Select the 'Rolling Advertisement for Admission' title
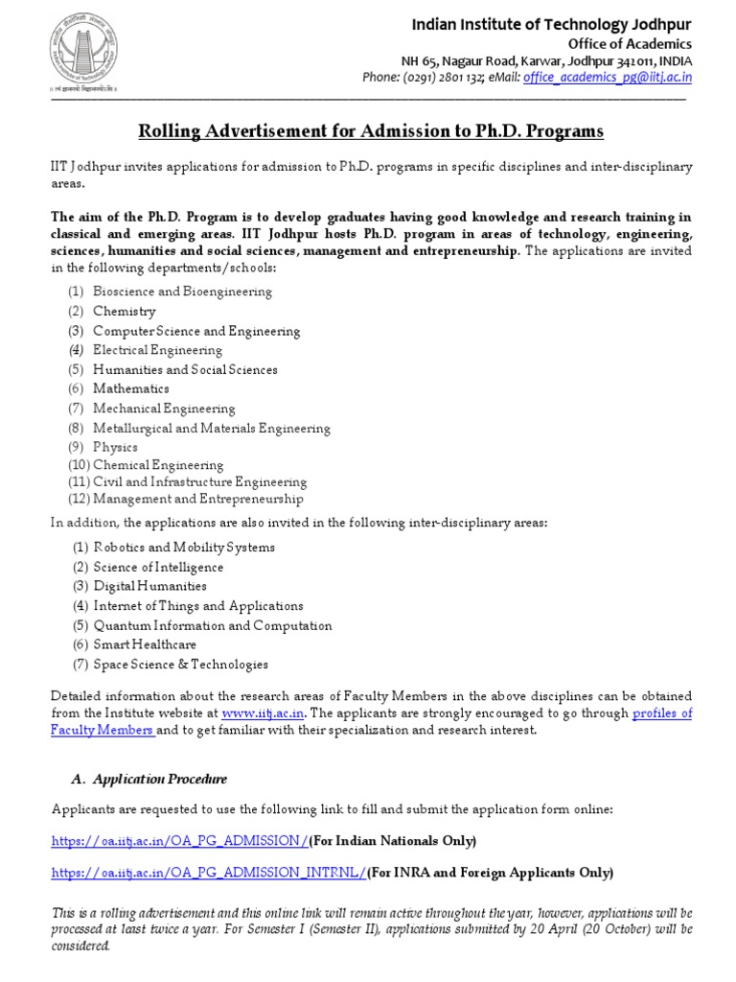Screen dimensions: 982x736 coord(372,130)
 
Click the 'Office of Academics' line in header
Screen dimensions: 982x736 coord(635,44)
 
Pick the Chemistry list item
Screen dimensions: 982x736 coord(124,311)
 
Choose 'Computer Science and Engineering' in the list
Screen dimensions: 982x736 coord(196,331)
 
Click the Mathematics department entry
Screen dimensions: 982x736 coord(130,388)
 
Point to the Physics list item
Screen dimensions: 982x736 coord(115,447)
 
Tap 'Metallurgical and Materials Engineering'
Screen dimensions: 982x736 coord(211,428)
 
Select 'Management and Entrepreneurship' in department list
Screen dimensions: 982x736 coord(198,499)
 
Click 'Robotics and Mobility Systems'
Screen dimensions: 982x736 coord(184,547)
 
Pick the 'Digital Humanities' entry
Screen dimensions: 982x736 coord(149,586)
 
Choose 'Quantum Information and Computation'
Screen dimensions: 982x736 coord(213,625)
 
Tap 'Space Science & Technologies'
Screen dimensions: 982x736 coord(180,664)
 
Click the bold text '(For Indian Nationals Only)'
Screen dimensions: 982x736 coord(392,841)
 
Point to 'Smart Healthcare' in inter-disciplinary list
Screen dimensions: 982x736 coord(145,644)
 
